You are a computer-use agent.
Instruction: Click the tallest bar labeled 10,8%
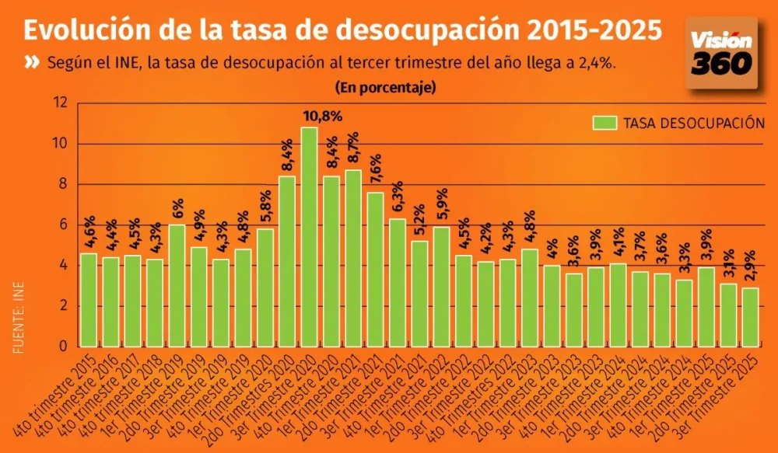coord(309,237)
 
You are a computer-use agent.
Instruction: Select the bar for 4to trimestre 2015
coord(89,300)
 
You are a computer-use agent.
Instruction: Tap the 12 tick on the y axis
coord(61,103)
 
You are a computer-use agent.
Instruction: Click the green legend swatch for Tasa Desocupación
coord(605,123)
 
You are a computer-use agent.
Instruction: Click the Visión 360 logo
coord(720,53)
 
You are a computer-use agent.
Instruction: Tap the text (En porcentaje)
coord(386,87)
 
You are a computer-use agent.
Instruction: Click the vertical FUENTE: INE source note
coord(18,319)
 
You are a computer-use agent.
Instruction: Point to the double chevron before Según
coord(32,63)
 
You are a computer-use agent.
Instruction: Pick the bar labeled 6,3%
coord(398,283)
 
